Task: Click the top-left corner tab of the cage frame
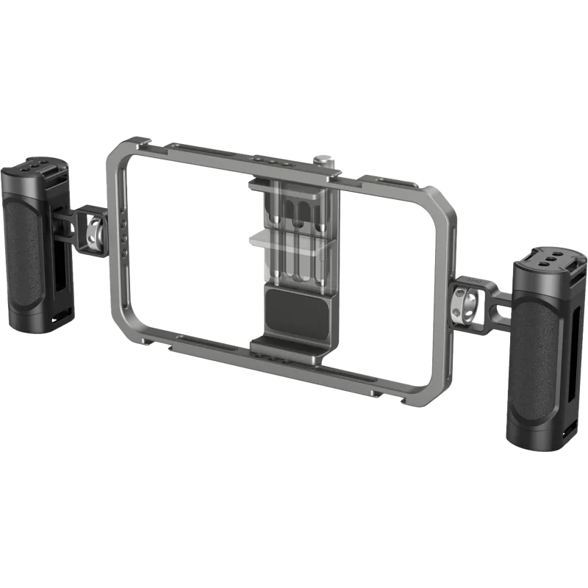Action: (x=135, y=142)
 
